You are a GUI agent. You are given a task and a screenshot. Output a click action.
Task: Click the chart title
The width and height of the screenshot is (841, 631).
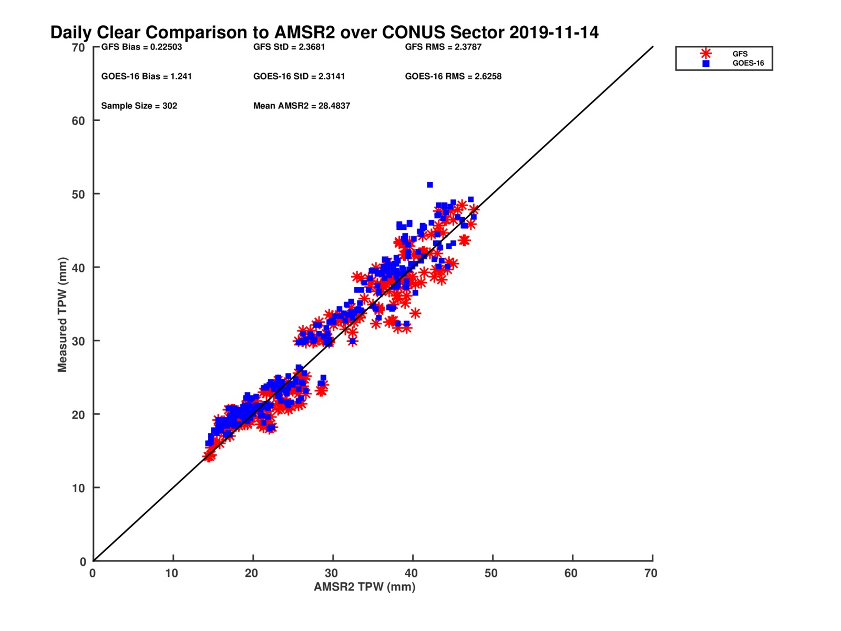pyautogui.click(x=324, y=33)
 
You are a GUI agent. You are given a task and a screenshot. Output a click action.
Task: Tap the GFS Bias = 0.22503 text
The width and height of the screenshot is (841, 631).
pyautogui.click(x=141, y=47)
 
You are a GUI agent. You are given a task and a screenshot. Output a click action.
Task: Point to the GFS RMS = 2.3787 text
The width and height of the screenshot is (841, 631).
pyautogui.click(x=443, y=47)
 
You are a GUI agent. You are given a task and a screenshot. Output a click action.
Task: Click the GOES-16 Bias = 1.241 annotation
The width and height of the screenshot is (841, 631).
pyautogui.click(x=147, y=76)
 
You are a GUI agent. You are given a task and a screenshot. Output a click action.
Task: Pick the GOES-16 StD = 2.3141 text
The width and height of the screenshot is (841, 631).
pyautogui.click(x=299, y=76)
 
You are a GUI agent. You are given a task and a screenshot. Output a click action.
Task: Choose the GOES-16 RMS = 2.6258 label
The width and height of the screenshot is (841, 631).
pyautogui.click(x=453, y=76)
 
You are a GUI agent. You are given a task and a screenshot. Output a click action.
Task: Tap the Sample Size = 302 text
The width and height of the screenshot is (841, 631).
pyautogui.click(x=139, y=106)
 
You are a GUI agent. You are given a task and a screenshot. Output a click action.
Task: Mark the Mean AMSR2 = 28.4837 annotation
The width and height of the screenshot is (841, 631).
pyautogui.click(x=302, y=106)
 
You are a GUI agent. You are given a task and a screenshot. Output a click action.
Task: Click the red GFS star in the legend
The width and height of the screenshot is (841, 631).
pyautogui.click(x=706, y=54)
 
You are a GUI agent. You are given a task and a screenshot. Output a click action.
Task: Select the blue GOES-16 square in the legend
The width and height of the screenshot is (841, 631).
pyautogui.click(x=706, y=64)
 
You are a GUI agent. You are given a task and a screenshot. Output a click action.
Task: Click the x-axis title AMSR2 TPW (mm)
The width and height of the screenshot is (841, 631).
pyautogui.click(x=365, y=587)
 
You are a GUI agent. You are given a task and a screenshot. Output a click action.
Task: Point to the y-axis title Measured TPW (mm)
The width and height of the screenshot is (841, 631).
pyautogui.click(x=63, y=314)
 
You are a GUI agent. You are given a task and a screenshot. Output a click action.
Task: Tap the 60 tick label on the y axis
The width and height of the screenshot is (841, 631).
pyautogui.click(x=78, y=121)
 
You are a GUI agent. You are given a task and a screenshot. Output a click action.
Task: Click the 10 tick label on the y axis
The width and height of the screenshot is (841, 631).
pyautogui.click(x=78, y=488)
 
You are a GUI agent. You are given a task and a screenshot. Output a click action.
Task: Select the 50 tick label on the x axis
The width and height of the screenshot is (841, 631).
pyautogui.click(x=491, y=573)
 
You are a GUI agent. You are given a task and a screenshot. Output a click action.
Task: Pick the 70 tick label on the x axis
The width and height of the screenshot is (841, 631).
pyautogui.click(x=651, y=573)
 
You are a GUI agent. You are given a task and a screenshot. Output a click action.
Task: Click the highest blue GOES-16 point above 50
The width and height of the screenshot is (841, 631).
pyautogui.click(x=430, y=185)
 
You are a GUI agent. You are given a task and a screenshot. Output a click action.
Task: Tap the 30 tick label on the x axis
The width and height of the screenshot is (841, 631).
pyautogui.click(x=331, y=573)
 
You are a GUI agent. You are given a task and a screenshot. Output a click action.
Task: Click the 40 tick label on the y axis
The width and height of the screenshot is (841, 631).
pyautogui.click(x=78, y=268)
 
